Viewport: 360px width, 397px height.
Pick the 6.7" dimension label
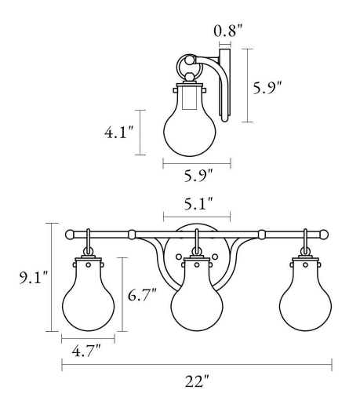144,297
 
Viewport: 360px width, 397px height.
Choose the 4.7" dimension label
87,352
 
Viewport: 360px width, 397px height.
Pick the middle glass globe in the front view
196,302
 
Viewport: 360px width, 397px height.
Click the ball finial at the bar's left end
71,234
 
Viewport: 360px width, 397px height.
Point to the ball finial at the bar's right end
322,234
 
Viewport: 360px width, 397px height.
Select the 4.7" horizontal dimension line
88,338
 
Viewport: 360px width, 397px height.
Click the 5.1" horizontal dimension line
196,216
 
